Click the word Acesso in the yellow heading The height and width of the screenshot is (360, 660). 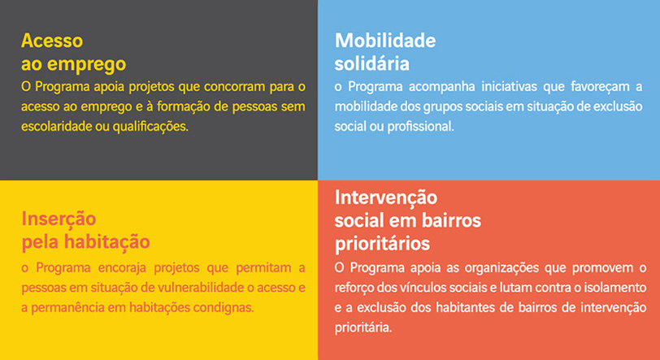coord(52,41)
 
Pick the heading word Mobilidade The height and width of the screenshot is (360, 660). coord(385,41)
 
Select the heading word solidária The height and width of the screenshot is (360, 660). coord(371,63)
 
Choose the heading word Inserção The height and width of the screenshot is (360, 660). coord(59,219)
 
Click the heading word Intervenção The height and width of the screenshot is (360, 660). coord(385,197)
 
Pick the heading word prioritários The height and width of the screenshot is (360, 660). coord(382,243)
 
